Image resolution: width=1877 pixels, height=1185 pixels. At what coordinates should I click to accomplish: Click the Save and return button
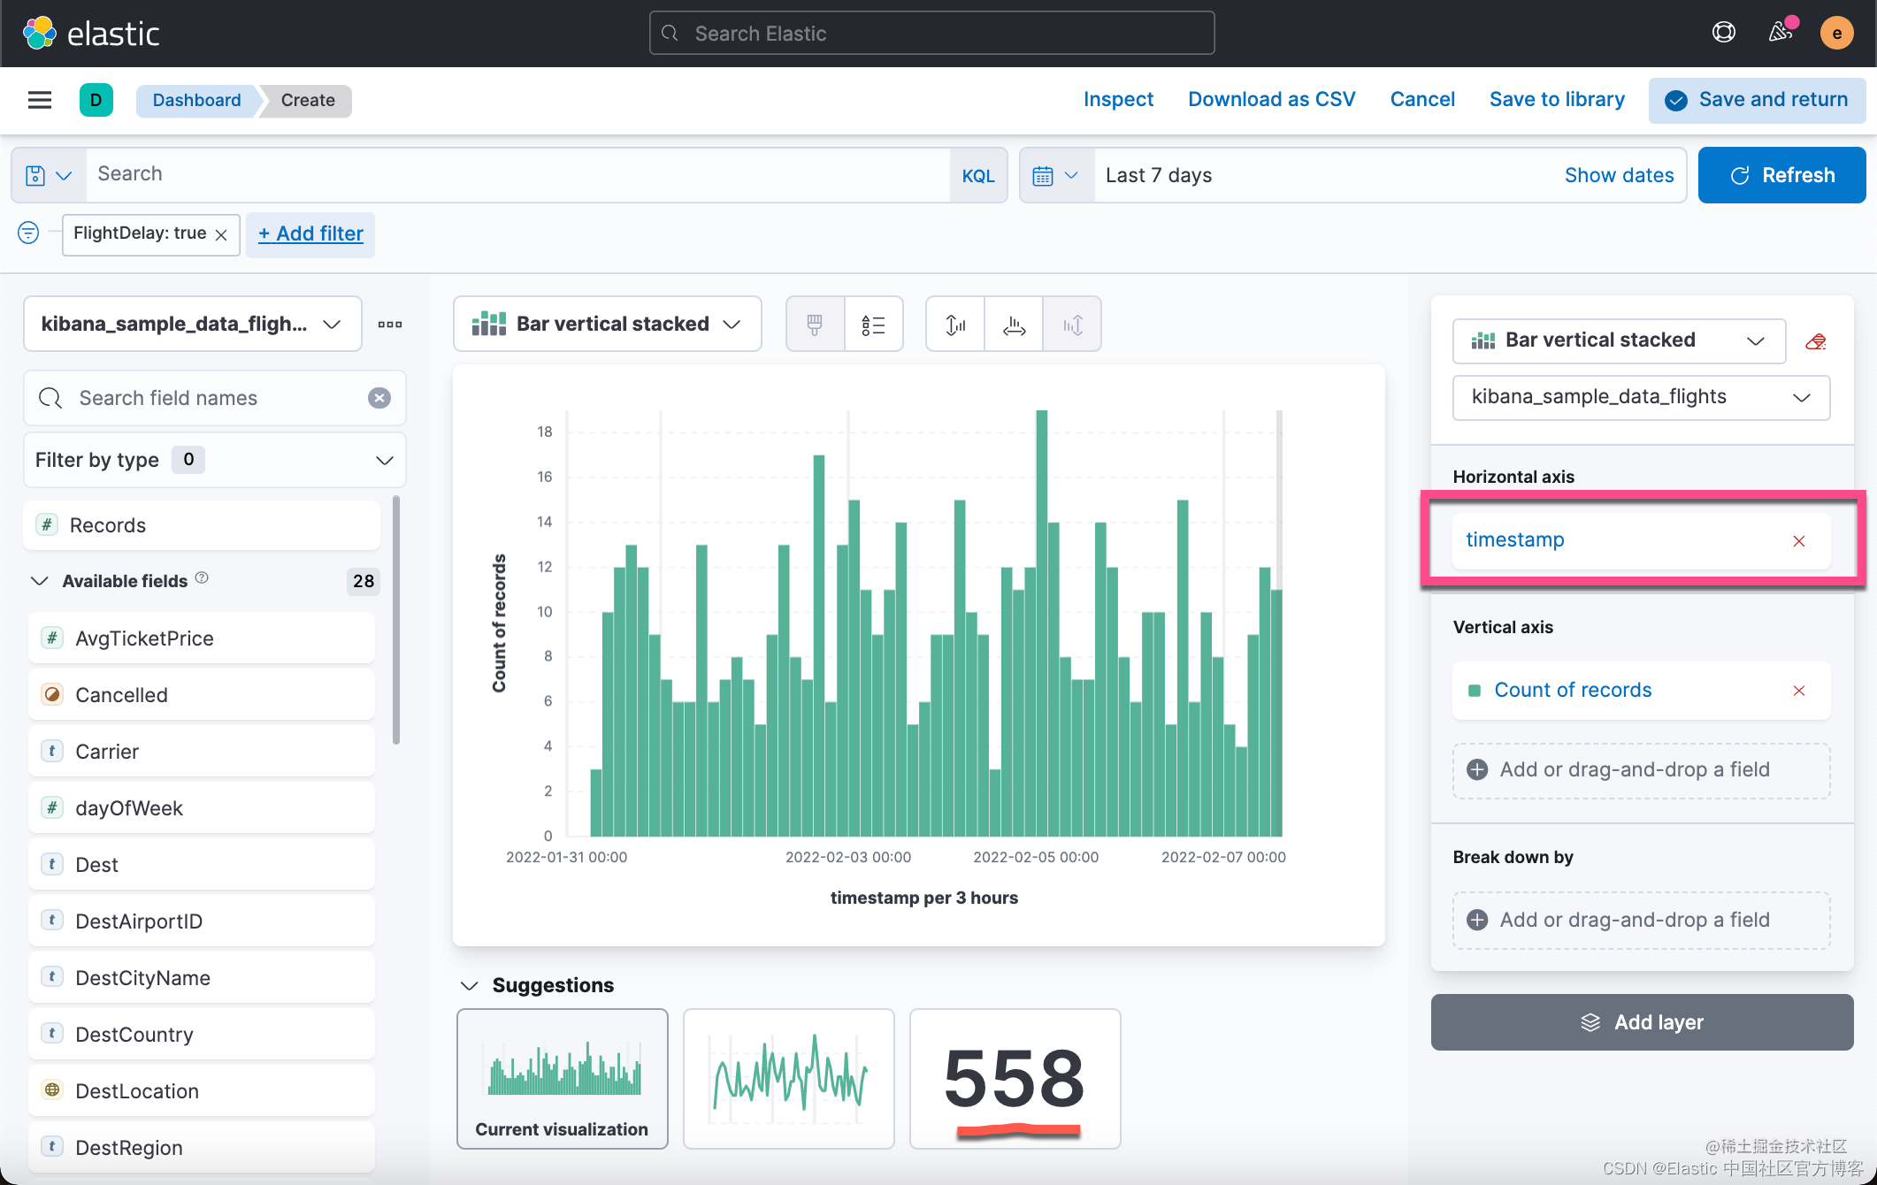(x=1757, y=100)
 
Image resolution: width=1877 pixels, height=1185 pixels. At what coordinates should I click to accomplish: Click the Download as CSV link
(x=1271, y=100)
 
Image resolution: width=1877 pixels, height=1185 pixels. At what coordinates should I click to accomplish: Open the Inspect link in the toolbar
(x=1118, y=100)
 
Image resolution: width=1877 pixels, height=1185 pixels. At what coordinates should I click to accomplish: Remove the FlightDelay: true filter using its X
(x=221, y=234)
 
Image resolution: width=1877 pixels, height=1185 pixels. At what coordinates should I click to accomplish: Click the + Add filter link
(x=310, y=234)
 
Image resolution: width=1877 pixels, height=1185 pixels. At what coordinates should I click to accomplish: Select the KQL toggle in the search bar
(x=977, y=176)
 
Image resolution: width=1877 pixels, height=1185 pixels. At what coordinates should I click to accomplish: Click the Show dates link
(x=1619, y=176)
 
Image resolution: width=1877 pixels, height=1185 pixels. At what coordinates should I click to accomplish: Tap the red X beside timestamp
(x=1798, y=541)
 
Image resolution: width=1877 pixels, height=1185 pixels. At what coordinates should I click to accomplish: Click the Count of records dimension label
(x=1572, y=691)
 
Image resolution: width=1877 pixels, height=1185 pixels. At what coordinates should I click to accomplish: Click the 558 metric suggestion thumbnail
(x=1015, y=1079)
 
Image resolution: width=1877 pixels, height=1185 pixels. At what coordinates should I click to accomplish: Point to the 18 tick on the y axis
(x=545, y=432)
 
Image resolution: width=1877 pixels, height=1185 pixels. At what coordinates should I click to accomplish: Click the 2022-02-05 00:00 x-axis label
(x=1036, y=857)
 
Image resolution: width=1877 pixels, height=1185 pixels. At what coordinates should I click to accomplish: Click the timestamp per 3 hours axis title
(x=923, y=898)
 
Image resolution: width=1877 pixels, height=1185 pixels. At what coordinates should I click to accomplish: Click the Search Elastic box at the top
(x=931, y=34)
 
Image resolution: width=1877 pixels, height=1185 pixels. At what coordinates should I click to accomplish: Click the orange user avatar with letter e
(x=1836, y=34)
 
